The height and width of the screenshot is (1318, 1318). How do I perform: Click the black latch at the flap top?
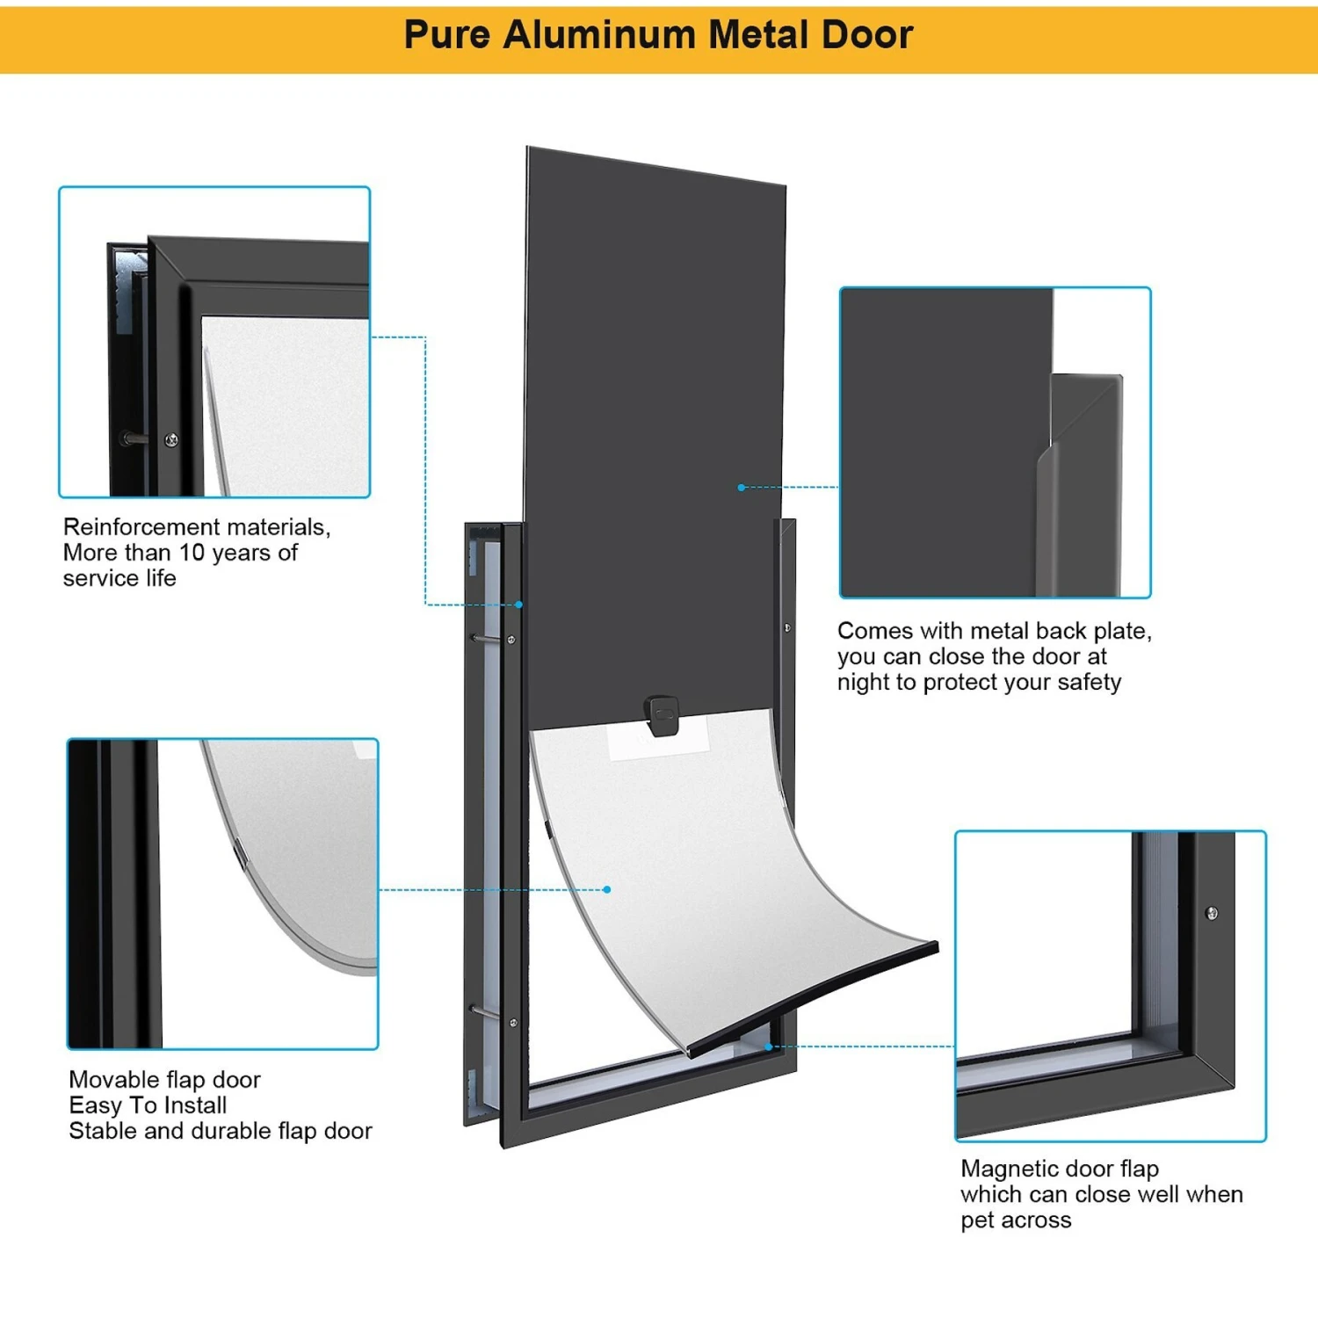(662, 715)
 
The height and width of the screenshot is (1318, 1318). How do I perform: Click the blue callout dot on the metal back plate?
(742, 487)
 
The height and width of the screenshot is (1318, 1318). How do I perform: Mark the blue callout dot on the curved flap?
(607, 889)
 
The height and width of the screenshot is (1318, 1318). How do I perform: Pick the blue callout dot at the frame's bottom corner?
(769, 1046)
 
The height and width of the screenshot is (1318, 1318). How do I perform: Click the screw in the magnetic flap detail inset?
(1212, 914)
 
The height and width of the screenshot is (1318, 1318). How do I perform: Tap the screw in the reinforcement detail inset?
(172, 439)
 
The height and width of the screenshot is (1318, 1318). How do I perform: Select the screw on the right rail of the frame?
(786, 627)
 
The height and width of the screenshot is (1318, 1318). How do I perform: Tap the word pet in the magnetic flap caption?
(976, 1220)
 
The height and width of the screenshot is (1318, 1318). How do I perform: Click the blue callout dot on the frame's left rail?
(519, 605)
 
